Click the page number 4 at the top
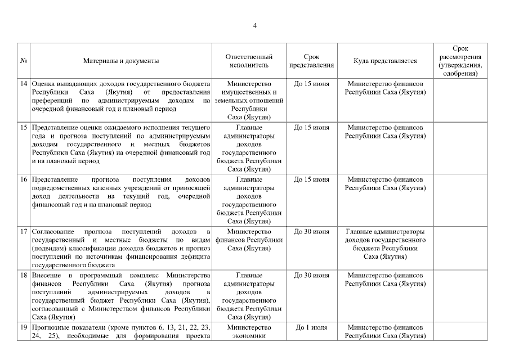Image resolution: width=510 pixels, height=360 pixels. (x=254, y=25)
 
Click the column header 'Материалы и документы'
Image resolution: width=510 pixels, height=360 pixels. (x=121, y=61)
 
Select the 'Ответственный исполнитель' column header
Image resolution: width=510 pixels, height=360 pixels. (x=249, y=61)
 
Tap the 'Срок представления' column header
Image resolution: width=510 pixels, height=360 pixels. (x=311, y=61)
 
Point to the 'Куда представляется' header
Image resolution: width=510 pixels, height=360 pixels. (x=385, y=61)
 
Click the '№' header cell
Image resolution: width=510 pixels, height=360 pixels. (x=24, y=61)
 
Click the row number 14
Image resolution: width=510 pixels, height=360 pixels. (x=24, y=84)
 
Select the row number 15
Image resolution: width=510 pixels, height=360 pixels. (x=24, y=128)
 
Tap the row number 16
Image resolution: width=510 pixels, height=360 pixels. (x=24, y=179)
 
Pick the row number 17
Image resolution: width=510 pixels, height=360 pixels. (x=24, y=231)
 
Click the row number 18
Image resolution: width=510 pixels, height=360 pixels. (x=24, y=275)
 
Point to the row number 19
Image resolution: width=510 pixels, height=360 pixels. (x=24, y=327)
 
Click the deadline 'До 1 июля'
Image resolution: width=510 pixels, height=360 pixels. (x=311, y=327)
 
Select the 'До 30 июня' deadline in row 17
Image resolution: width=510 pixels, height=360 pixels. (x=311, y=231)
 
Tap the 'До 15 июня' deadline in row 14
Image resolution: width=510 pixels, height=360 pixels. (x=311, y=84)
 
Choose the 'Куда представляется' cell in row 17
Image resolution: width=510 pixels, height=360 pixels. (x=385, y=244)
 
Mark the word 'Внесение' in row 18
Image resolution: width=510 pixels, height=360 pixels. (x=45, y=275)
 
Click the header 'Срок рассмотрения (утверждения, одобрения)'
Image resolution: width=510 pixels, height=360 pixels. (x=460, y=61)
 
